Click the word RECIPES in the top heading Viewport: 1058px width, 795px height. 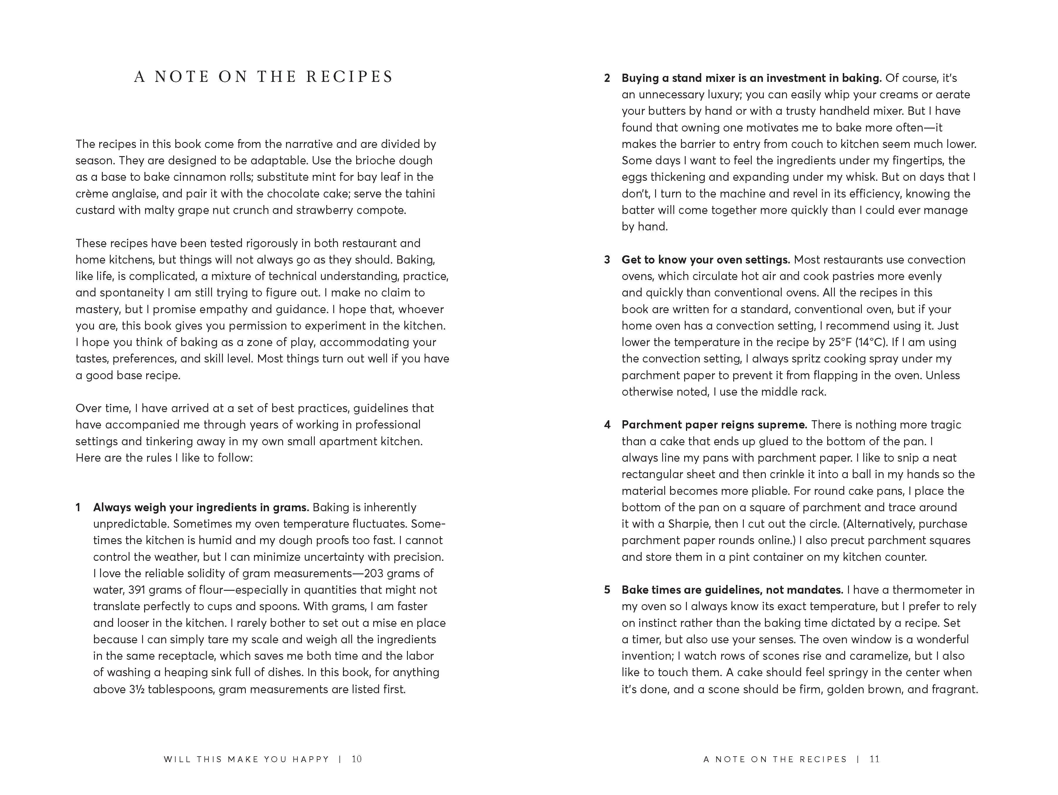tap(350, 77)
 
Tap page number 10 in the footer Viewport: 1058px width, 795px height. tap(357, 759)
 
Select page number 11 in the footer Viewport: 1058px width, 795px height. tap(875, 759)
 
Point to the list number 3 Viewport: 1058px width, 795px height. tap(607, 260)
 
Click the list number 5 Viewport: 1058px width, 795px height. tap(607, 590)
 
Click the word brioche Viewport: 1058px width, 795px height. tap(368, 161)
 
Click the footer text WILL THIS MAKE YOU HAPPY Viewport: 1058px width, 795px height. tap(246, 759)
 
